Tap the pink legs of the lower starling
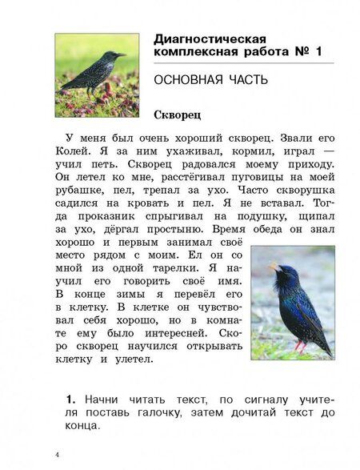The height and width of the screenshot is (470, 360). tap(298, 345)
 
